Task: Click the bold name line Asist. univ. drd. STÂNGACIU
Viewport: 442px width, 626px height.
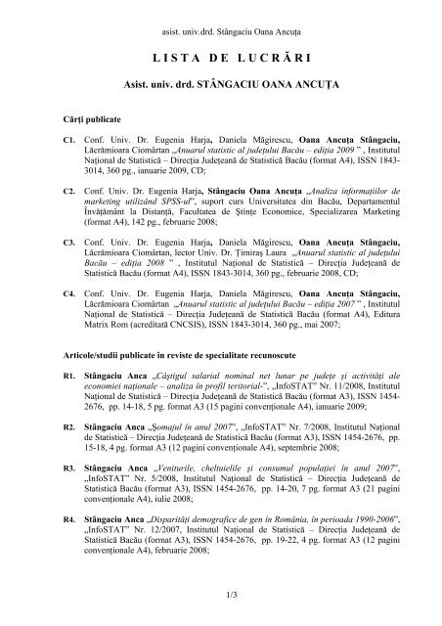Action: point(220,86)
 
